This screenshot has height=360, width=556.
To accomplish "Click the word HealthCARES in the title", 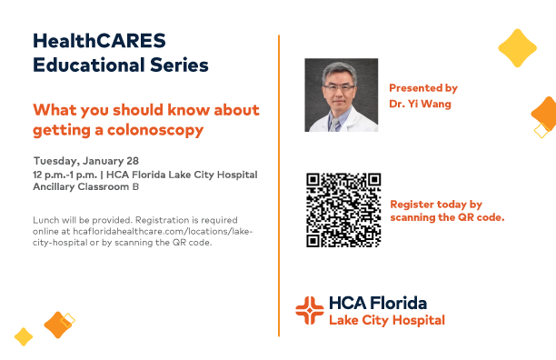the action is coord(99,40).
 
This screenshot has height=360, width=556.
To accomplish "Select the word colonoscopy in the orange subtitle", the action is coord(155,131).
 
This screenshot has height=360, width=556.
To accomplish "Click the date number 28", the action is coord(133,161).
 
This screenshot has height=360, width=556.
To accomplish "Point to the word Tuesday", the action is coord(56,162).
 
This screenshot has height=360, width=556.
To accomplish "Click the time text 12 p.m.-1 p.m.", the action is coord(65,175).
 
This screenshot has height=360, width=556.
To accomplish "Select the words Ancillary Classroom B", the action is coord(85,186).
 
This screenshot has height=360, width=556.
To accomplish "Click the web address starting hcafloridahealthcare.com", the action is coord(163,231).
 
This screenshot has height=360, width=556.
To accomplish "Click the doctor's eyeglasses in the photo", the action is coord(339,87).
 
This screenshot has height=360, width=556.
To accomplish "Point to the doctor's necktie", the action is coord(334,125).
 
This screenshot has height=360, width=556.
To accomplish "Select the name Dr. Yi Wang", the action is coord(421,104).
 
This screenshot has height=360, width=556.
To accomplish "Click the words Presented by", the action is coord(423,88).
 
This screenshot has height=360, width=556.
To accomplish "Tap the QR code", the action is coord(343,210).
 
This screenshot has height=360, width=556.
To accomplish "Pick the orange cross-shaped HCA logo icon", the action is coord(310,310).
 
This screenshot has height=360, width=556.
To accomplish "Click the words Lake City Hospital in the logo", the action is coord(387,320).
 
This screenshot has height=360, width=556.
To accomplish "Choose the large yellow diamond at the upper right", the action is coord(517,48).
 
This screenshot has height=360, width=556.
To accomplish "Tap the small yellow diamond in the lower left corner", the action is coord(24,336).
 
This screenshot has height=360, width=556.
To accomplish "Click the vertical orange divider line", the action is coord(279,185).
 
